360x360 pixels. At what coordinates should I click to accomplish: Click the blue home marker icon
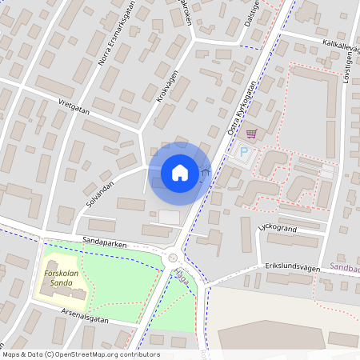pos(180,172)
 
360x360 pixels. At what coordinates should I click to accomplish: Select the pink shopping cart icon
pos(251,134)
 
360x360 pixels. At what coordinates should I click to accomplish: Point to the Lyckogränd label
pos(278,227)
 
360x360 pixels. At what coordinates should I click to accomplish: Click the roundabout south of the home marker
pos(173,258)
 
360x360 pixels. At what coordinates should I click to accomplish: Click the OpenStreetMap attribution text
pos(80,354)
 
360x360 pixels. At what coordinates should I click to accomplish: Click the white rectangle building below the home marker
pos(170,217)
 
